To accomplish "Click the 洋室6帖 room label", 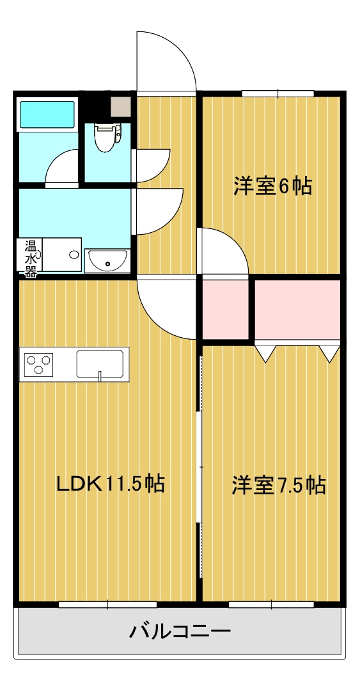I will pos(272,186).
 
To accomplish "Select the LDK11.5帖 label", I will pos(111,484).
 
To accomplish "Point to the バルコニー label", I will pos(180,632).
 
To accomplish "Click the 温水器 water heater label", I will pos(30,258).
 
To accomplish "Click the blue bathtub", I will pos(48,114).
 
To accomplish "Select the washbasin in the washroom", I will pos(107,260).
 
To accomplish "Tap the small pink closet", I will pos(226,309).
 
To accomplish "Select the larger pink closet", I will pos(297,309).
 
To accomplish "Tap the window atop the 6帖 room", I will pos(278,94).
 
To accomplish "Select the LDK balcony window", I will pos(107,604).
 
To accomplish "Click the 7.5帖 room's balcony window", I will pos(270,604).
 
